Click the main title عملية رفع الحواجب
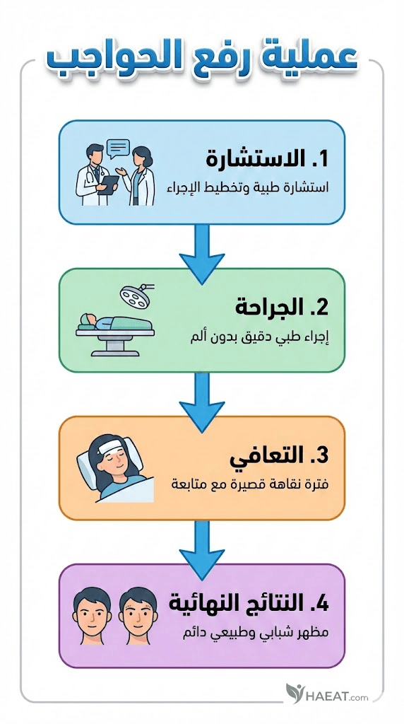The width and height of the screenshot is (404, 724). pyautogui.click(x=202, y=60)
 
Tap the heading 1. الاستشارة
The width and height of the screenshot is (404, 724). pyautogui.click(x=267, y=159)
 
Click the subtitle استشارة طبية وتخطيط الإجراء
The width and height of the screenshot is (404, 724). pyautogui.click(x=248, y=188)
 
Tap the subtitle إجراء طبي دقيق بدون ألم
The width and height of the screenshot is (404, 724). pyautogui.click(x=260, y=337)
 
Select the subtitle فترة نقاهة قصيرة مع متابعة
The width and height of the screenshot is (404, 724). pyautogui.click(x=249, y=486)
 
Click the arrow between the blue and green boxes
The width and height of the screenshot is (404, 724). pyautogui.click(x=202, y=254)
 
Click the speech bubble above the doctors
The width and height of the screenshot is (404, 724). pyautogui.click(x=118, y=148)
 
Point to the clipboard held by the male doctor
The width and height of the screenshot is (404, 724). pyautogui.click(x=109, y=185)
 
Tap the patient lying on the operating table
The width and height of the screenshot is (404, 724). pyautogui.click(x=115, y=322)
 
